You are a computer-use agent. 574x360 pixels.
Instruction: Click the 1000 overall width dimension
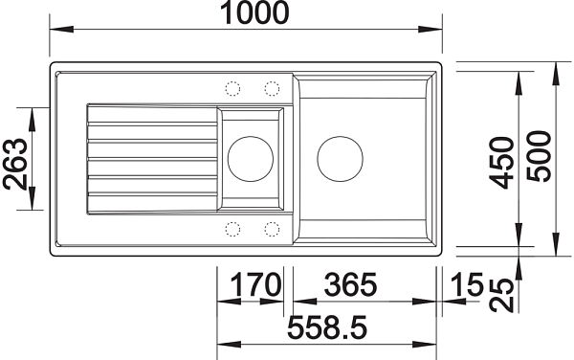pyautogui.click(x=254, y=12)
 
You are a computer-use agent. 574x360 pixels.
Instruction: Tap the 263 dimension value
pyautogui.click(x=15, y=164)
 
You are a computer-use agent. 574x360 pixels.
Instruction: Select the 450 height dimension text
pyautogui.click(x=501, y=163)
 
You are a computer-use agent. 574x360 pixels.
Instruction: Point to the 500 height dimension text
pyautogui.click(x=539, y=156)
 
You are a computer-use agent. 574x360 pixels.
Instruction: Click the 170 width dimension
pyautogui.click(x=256, y=284)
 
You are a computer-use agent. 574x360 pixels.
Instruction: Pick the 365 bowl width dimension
pyautogui.click(x=350, y=284)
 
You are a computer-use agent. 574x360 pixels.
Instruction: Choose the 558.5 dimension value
pyautogui.click(x=327, y=327)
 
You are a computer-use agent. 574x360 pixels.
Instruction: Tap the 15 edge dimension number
pyautogui.click(x=467, y=284)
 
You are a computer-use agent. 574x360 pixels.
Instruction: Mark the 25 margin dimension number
pyautogui.click(x=501, y=295)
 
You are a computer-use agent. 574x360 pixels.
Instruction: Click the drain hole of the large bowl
pyautogui.click(x=340, y=159)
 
